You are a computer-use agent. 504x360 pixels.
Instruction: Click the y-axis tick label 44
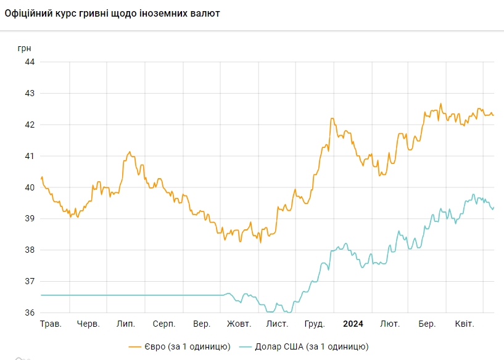(x=30, y=62)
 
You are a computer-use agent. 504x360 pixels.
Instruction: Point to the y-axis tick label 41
(x=30, y=156)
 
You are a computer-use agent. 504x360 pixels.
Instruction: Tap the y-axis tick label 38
(x=30, y=250)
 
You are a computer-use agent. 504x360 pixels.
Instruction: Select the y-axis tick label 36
(x=30, y=313)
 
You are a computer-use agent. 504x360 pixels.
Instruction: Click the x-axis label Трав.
(x=51, y=324)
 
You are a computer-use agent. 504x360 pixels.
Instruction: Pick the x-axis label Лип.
(x=125, y=324)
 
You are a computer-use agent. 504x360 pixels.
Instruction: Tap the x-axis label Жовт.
(x=239, y=324)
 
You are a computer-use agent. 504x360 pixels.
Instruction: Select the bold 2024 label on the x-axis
(x=353, y=324)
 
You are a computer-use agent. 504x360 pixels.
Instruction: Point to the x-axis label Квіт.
(x=465, y=324)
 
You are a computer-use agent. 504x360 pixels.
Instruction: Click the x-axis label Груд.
(x=315, y=324)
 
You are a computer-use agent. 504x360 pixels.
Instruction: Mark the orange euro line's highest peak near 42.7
(x=441, y=104)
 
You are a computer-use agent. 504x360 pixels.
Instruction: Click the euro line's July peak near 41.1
(x=129, y=152)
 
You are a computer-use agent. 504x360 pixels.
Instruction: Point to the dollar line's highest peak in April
(x=473, y=195)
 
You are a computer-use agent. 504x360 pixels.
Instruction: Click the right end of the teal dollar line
(x=494, y=208)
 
